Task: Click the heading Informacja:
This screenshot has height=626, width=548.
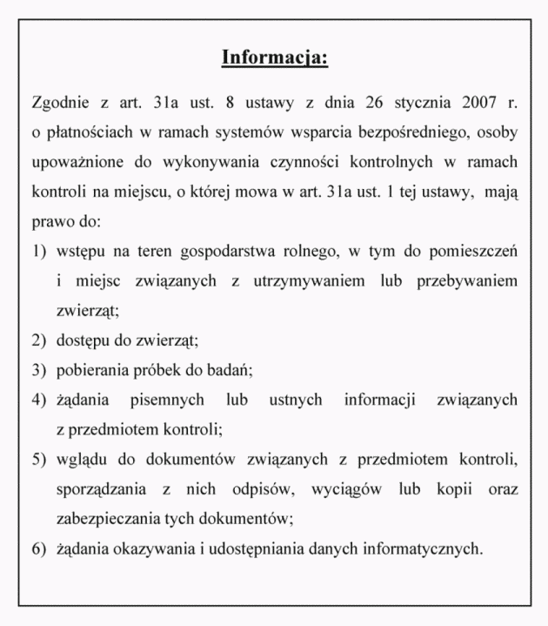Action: pyautogui.click(x=274, y=58)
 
